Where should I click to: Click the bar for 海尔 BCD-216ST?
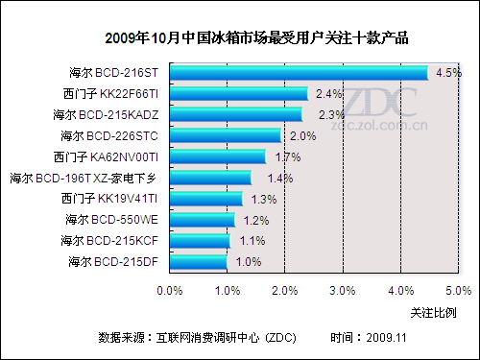[298, 73]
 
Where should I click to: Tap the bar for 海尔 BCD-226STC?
[226, 136]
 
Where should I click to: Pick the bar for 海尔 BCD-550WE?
[203, 220]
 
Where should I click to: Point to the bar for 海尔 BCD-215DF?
[199, 262]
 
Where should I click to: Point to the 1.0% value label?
[248, 261]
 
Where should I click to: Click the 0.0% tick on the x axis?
[170, 289]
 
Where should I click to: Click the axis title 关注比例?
[433, 312]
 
